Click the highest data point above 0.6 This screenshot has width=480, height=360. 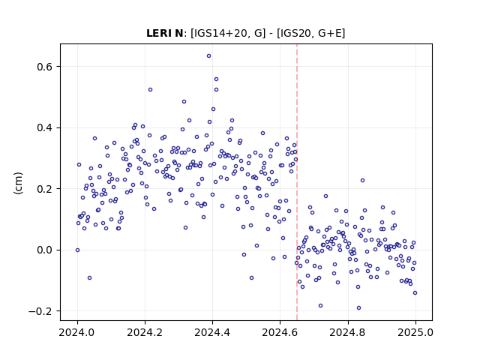pos(208,56)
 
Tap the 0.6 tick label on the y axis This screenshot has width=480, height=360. pos(45,67)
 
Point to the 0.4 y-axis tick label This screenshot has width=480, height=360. pos(45,128)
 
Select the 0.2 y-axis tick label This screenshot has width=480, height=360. pos(45,189)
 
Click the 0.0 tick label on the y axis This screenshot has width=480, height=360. pos(45,250)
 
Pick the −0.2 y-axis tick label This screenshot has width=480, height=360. pos(40,311)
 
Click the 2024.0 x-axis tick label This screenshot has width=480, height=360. pos(77,332)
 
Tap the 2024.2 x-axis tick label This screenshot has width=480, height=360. pos(145,332)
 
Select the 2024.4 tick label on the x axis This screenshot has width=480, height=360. pos(212,332)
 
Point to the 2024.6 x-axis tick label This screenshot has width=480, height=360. pos(280,332)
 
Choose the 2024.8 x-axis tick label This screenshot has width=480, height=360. pos(348,332)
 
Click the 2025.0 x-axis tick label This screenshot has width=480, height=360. pos(415,332)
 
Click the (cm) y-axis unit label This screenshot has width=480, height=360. pos(18,183)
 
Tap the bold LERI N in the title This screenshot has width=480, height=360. pos(165,33)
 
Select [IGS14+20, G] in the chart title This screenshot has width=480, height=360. pos(228,33)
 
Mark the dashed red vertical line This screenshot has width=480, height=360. pos(297,182)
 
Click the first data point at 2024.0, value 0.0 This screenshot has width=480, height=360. pos(77,250)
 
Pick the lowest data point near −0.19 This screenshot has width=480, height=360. pos(358,308)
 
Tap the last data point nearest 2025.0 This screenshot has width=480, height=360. pos(415,293)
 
